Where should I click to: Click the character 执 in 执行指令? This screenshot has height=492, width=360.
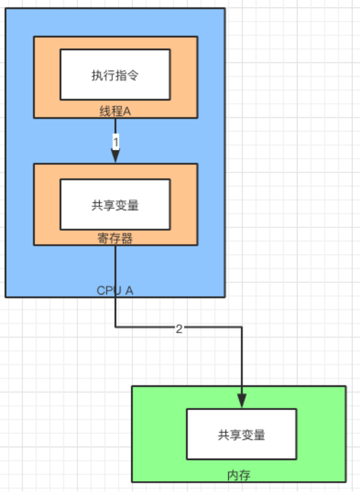click(x=96, y=75)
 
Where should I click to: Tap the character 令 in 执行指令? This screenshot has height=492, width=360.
click(x=134, y=75)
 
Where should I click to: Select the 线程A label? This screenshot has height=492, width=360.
click(x=115, y=111)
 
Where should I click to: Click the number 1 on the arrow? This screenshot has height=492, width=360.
click(x=115, y=142)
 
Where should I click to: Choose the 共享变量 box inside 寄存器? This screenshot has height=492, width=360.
click(x=115, y=204)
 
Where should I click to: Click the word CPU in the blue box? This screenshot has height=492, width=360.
click(x=108, y=290)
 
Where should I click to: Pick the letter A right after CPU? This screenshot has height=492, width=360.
click(x=129, y=290)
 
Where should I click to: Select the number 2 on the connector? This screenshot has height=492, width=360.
click(x=179, y=329)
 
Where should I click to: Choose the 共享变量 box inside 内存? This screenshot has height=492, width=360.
click(x=242, y=434)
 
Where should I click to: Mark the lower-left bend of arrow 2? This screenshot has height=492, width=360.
click(x=115, y=328)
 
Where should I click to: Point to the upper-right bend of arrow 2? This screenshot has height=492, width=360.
click(x=242, y=328)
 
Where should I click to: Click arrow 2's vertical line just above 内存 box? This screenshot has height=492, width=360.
click(x=242, y=373)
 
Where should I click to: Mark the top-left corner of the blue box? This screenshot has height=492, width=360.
click(x=5, y=8)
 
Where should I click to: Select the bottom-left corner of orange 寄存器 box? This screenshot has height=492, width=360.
click(x=33, y=244)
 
